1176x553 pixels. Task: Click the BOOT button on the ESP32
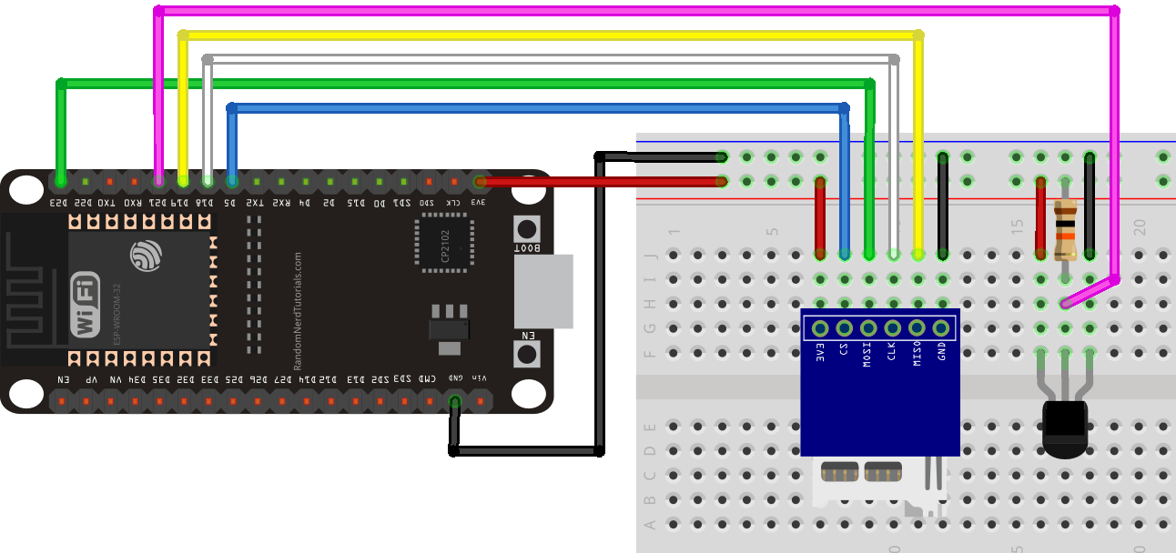point(525,227)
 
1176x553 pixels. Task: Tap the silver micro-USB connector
point(543,291)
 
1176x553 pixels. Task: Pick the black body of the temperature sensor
point(1064,430)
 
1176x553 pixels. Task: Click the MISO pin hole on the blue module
point(917,328)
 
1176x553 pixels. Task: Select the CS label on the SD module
point(844,350)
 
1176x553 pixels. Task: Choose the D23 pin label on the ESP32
point(59,203)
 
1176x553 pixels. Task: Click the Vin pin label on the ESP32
point(480,377)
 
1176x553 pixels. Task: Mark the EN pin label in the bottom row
point(62,378)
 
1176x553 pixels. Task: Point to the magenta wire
point(637,11)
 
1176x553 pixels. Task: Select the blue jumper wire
point(537,108)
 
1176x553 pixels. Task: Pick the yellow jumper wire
point(546,35)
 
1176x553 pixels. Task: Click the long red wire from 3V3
point(601,181)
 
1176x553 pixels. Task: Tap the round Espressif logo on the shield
point(146,256)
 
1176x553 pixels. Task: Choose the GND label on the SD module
point(942,352)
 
